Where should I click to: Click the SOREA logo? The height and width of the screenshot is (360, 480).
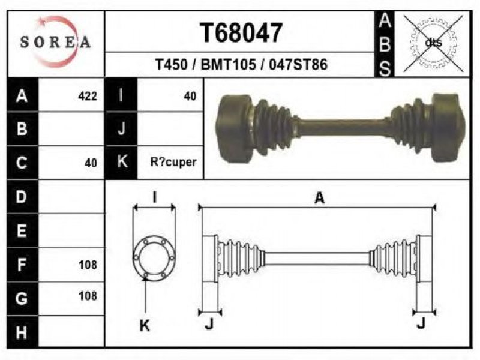(55, 42)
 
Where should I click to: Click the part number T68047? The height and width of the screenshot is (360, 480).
(241, 33)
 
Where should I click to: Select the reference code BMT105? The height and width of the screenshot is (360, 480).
(229, 65)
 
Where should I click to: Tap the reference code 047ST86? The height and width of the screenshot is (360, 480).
(298, 65)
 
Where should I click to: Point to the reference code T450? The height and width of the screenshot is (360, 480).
(172, 65)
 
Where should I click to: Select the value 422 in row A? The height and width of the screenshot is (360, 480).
(88, 97)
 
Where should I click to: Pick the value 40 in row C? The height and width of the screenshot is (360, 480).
(91, 163)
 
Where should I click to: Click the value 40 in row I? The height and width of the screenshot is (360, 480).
(190, 97)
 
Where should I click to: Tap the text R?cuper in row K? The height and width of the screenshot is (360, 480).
(173, 162)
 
